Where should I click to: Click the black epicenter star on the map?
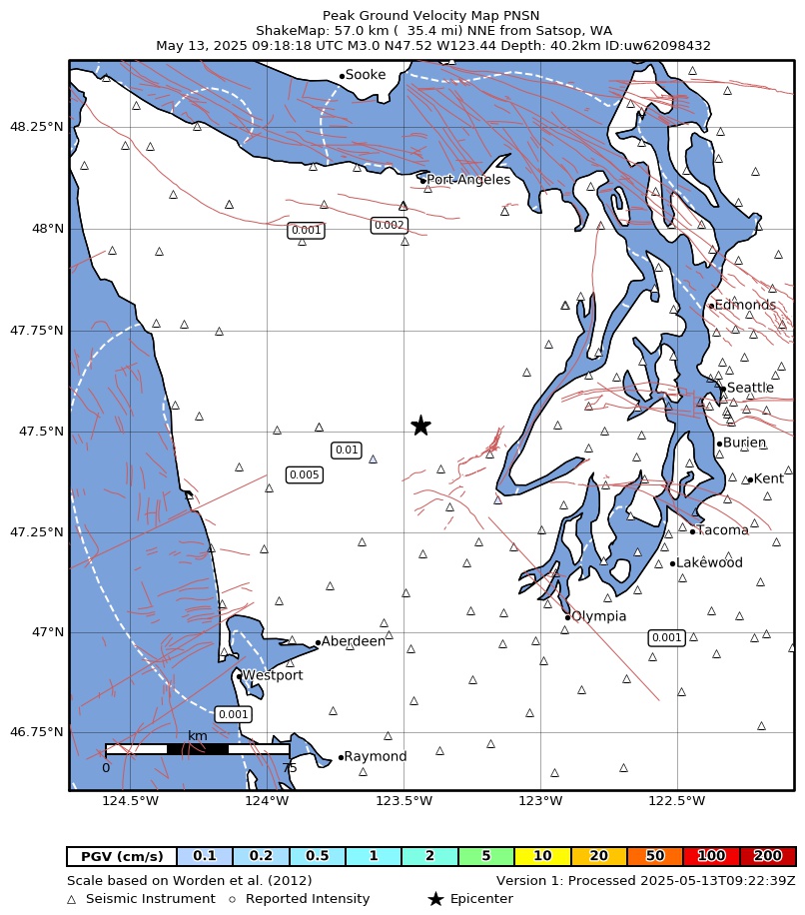(420, 426)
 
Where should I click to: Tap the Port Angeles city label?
(468, 180)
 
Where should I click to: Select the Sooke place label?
(366, 75)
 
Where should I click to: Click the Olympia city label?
(599, 616)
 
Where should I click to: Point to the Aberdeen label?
(354, 641)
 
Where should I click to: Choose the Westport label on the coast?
(273, 675)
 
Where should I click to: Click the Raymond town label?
(376, 757)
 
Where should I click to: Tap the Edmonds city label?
(745, 305)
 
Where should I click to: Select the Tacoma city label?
(723, 530)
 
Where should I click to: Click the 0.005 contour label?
(304, 474)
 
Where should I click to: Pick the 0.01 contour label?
(347, 451)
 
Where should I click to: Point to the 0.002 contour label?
(390, 226)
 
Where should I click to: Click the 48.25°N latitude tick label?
(36, 127)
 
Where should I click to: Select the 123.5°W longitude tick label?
(404, 801)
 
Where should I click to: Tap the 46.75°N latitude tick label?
(36, 732)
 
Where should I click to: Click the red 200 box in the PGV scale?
(767, 856)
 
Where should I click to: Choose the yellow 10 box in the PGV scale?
(542, 856)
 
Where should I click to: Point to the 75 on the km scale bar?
(290, 768)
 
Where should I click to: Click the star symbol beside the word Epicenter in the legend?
(435, 899)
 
